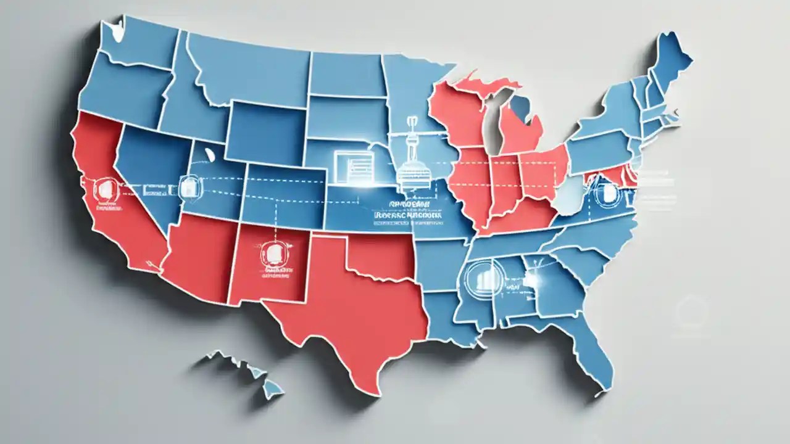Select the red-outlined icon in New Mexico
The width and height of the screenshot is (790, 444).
point(270,253)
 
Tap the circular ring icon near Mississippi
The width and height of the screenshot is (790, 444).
point(483,277)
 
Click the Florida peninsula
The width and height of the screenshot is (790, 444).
point(596,358)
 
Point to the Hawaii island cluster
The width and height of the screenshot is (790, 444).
point(247,370)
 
